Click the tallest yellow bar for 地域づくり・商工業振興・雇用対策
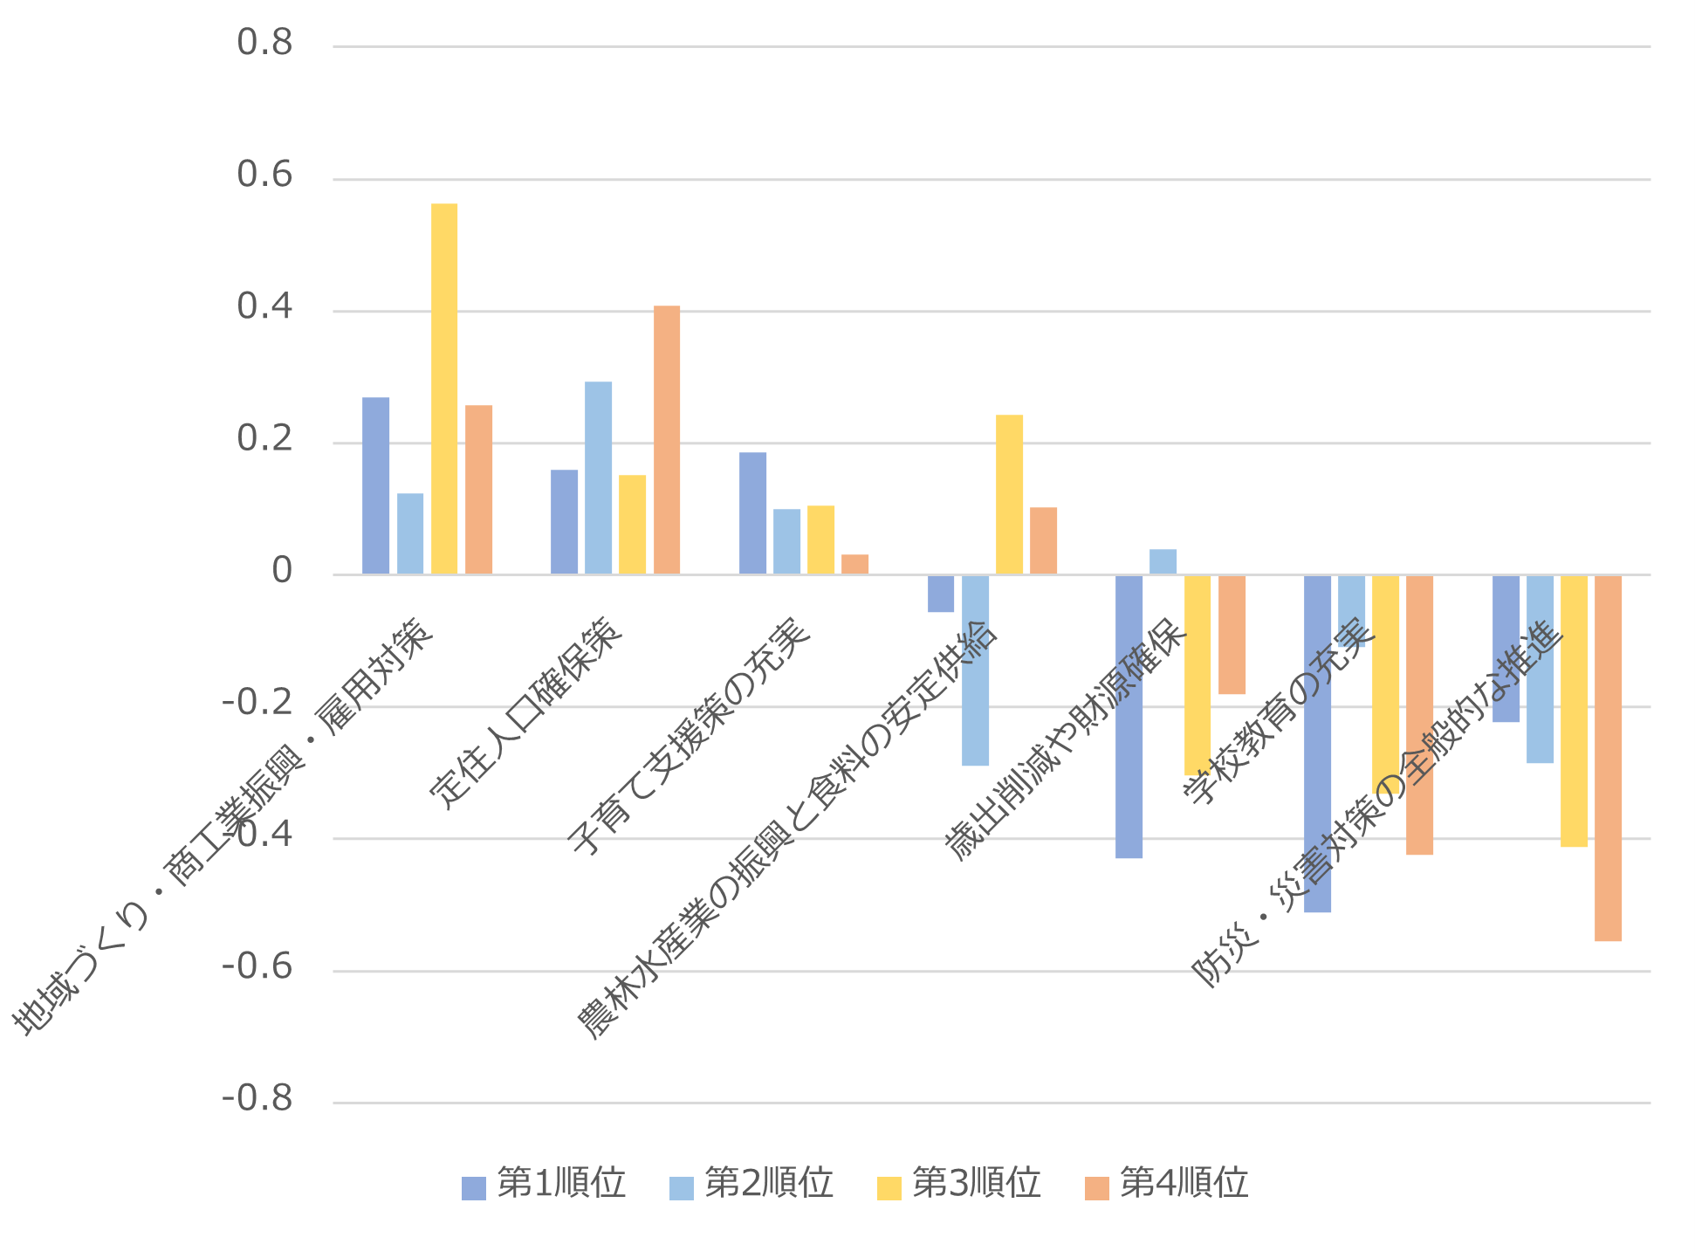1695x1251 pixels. [x=443, y=388]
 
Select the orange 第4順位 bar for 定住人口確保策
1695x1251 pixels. [x=666, y=440]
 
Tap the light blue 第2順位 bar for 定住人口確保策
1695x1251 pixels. [x=598, y=478]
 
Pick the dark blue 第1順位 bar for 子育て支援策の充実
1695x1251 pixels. [x=752, y=513]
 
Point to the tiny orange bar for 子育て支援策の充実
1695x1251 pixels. [x=854, y=564]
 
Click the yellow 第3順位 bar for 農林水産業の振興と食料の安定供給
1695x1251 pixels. [x=1009, y=495]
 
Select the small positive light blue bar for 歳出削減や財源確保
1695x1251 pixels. [x=1163, y=561]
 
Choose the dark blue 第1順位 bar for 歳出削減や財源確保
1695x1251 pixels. [x=1129, y=716]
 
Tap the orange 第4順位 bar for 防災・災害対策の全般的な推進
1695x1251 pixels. [x=1608, y=758]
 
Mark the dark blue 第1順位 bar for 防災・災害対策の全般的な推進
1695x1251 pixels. [x=1506, y=648]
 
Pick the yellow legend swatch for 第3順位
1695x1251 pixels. [x=889, y=1188]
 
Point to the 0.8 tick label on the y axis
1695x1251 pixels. [x=264, y=43]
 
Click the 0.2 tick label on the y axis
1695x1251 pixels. [x=264, y=439]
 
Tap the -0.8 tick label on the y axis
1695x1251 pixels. [x=257, y=1099]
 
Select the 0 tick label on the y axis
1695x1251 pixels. [x=282, y=571]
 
